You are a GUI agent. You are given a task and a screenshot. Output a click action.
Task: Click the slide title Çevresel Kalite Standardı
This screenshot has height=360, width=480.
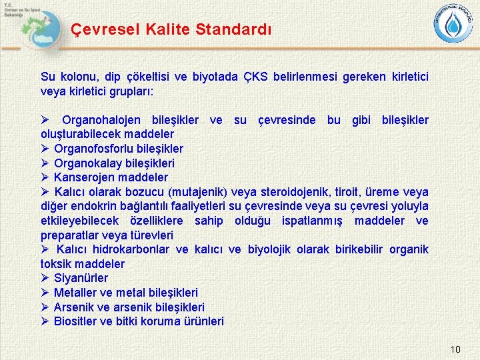point(171,29)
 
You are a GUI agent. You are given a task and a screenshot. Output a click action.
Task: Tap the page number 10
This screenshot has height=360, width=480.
point(455,349)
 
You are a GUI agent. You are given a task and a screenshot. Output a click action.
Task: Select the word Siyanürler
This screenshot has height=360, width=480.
point(81,278)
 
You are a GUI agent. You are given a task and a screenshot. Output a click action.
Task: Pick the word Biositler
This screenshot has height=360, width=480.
point(76,321)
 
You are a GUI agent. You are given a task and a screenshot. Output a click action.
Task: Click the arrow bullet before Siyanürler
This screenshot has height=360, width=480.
point(45,278)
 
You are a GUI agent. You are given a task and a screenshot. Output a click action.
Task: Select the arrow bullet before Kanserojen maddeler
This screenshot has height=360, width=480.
point(45,177)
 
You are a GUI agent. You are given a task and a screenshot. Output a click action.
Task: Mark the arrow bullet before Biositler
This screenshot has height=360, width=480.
point(45,321)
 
